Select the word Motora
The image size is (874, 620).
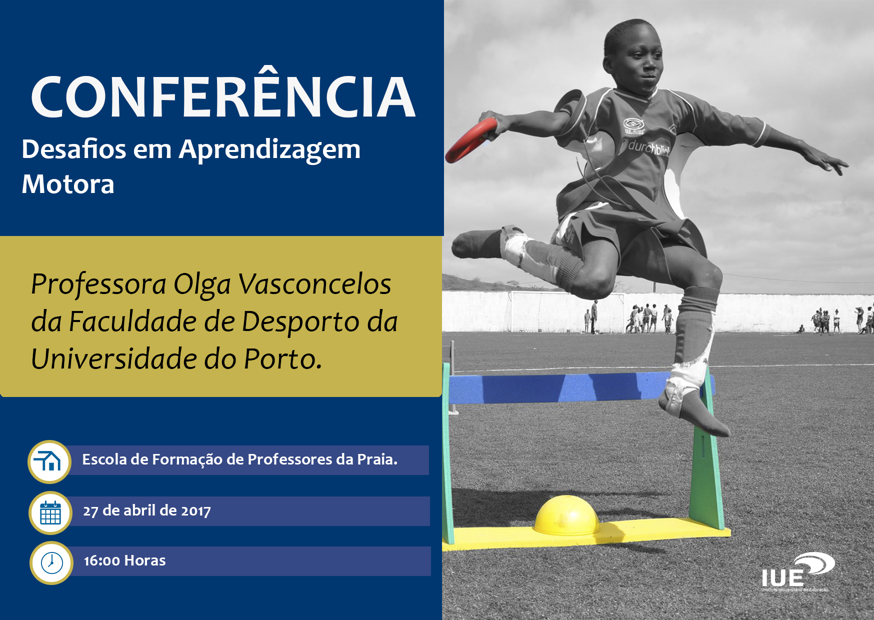(x=68, y=184)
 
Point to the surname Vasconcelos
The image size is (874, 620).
(x=315, y=284)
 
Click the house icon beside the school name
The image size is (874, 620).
(x=49, y=461)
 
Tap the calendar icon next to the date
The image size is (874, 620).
(x=50, y=512)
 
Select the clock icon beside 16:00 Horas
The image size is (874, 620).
(x=51, y=563)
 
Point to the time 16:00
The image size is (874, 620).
(x=102, y=561)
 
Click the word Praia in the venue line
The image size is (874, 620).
(x=377, y=459)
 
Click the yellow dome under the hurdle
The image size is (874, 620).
(x=566, y=514)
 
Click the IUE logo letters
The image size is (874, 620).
(x=782, y=578)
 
